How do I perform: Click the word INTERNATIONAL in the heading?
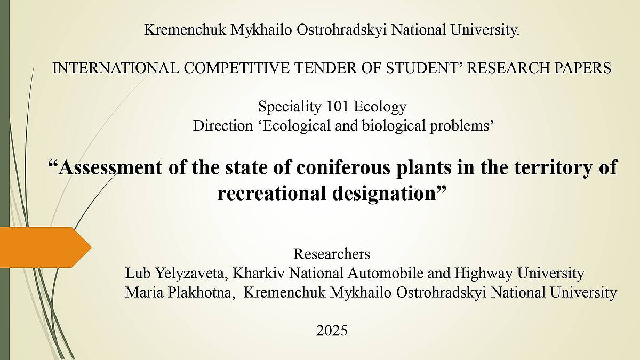coord(116,68)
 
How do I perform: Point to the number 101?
coord(337,107)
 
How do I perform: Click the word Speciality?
coord(290,107)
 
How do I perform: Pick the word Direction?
coord(223,126)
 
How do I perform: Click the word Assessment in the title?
coord(110,167)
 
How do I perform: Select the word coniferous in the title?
coord(343,167)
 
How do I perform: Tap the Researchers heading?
coord(332,254)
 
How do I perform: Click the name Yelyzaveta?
coord(191,274)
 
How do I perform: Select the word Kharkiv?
coord(259,273)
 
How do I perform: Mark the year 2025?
coord(332,331)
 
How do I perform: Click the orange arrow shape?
coord(46,247)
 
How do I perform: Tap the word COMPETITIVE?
coord(236,68)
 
